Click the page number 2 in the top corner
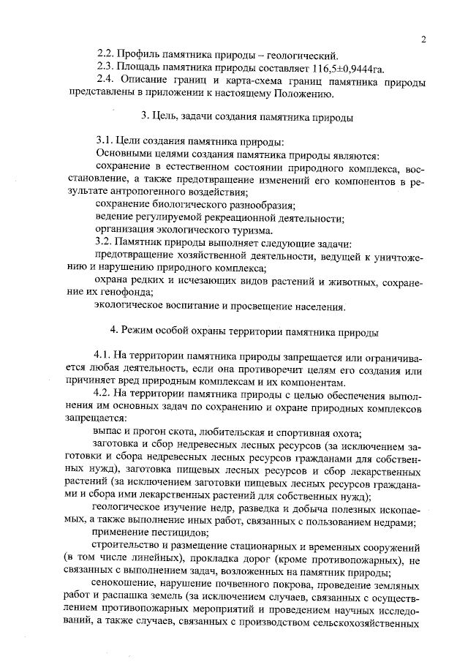click(423, 39)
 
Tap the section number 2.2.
click(107, 55)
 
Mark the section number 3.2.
click(107, 243)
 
